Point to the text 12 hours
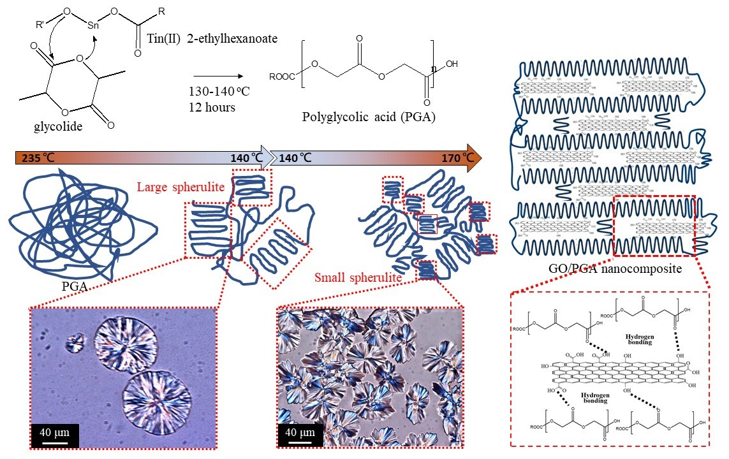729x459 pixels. (212, 107)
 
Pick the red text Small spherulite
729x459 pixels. (357, 278)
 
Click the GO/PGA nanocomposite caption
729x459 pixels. (615, 269)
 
